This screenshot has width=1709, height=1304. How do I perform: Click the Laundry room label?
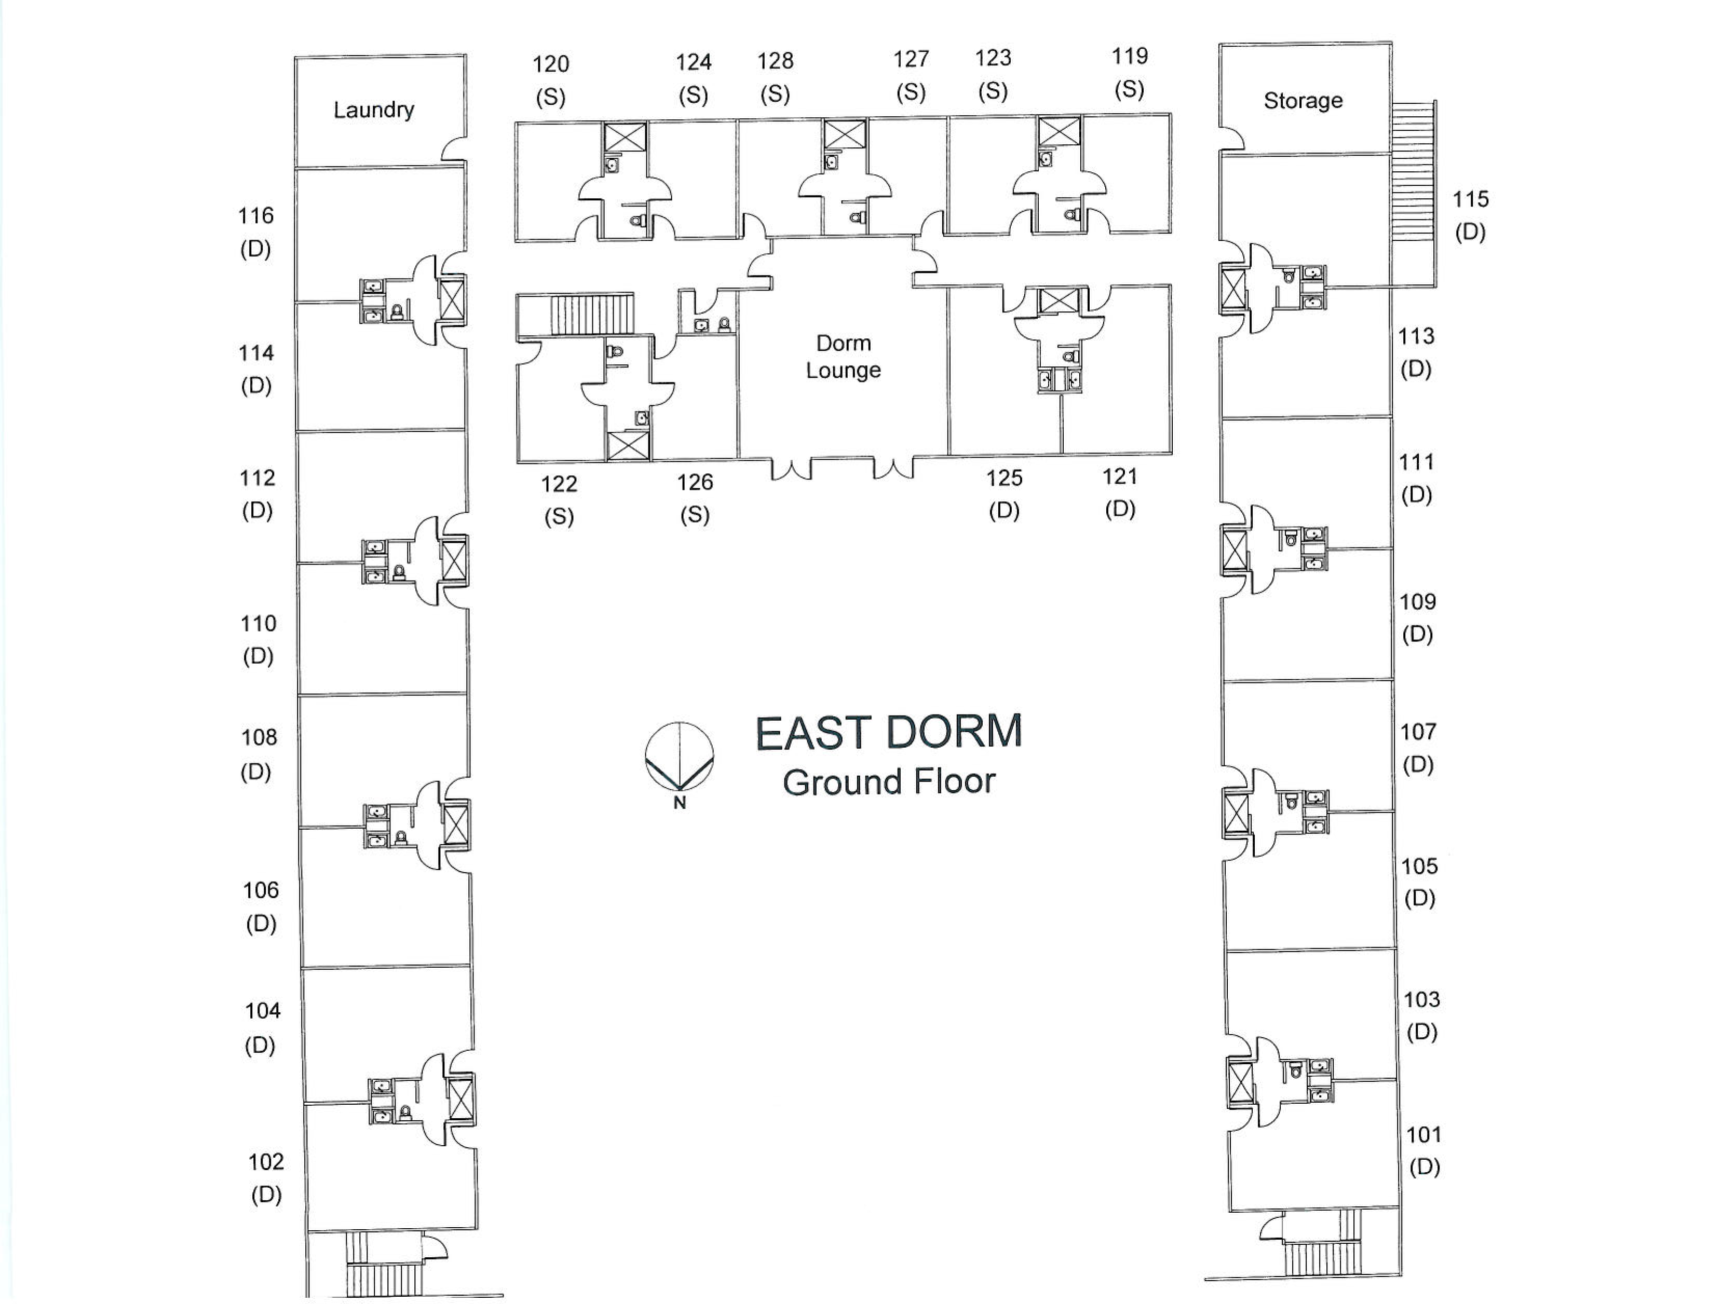373,110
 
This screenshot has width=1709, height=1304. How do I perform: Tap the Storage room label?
1303,101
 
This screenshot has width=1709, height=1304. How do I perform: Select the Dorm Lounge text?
843,356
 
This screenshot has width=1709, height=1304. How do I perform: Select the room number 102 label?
266,1162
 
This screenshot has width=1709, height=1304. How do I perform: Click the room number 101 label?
1424,1135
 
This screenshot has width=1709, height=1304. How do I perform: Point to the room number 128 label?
775,61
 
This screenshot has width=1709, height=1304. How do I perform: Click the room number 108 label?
259,737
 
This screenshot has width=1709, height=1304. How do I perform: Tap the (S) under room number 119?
1129,89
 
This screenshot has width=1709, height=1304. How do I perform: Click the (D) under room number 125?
1004,511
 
